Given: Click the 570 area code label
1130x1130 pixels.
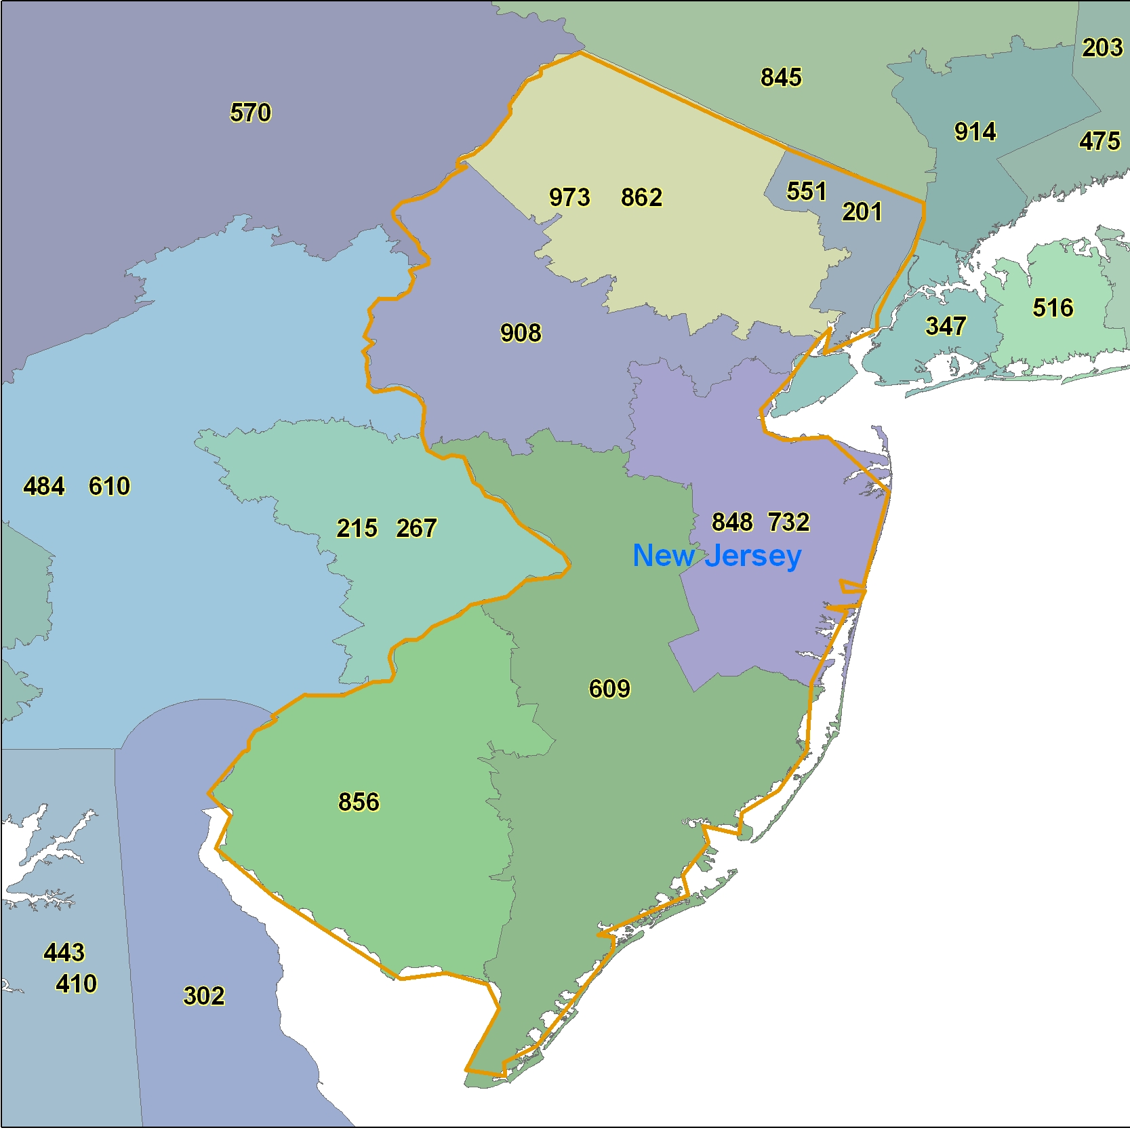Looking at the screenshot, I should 251,113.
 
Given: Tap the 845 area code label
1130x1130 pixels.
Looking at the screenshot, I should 781,77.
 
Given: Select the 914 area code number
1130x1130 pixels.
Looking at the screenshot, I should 975,132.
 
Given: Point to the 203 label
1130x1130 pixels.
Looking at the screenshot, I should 1102,47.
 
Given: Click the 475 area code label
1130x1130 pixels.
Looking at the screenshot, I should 1099,141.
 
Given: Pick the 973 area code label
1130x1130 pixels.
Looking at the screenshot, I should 569,197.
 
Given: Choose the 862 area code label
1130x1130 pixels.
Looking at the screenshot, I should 641,197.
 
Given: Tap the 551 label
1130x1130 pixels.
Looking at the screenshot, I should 807,191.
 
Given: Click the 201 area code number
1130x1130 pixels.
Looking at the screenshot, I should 862,211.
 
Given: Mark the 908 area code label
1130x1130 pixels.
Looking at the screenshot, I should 521,333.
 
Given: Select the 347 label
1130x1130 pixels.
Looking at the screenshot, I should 946,326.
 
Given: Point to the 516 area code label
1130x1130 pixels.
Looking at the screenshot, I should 1053,308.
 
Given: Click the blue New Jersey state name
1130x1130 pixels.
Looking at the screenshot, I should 717,556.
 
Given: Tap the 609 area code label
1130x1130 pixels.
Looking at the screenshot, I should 609,689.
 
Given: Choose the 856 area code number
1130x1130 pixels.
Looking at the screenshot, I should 359,802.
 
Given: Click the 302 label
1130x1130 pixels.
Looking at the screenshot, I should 204,996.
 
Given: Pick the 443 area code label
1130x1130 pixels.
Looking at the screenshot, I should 64,952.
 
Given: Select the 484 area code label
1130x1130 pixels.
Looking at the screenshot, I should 44,486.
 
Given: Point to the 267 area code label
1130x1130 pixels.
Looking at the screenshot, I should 416,528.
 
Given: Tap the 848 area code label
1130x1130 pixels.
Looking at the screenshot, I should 732,522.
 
